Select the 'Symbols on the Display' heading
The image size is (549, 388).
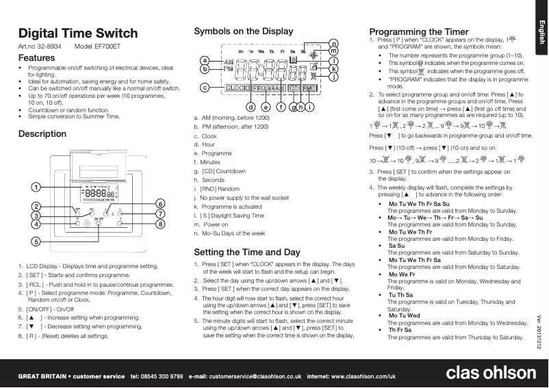click(x=244, y=31)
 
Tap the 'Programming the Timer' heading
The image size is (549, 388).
click(x=419, y=31)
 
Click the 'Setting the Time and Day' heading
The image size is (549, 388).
click(x=247, y=252)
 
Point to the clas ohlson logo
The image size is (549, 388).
click(x=491, y=373)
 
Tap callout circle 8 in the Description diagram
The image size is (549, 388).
click(x=159, y=224)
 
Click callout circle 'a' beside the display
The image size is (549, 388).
click(x=204, y=60)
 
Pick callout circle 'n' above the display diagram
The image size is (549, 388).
click(x=333, y=43)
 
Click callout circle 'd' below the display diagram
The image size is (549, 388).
click(x=251, y=106)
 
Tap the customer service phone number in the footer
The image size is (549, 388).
click(x=156, y=376)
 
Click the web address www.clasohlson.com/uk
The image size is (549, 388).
click(x=361, y=376)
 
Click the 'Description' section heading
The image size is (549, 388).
click(x=42, y=134)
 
